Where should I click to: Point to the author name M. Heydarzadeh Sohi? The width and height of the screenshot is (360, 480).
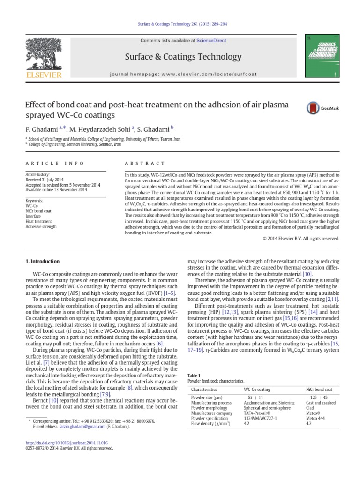point(100,127)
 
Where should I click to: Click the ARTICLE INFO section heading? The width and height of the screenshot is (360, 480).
point(54,163)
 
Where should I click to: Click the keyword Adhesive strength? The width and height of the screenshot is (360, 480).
point(41,227)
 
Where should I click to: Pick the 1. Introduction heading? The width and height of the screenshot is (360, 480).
point(42,262)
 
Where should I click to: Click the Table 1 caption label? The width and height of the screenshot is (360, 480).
point(194,375)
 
